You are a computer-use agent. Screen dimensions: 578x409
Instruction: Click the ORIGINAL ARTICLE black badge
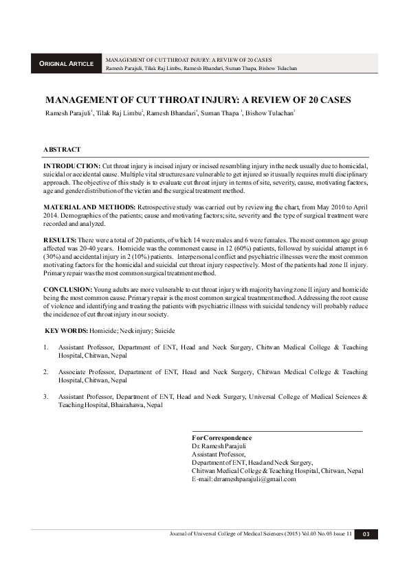67,64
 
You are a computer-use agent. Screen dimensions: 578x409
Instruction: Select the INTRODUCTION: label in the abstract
71,167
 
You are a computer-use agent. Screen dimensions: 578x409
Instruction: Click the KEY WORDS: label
67,331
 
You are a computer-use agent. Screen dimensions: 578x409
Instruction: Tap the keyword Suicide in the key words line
164,331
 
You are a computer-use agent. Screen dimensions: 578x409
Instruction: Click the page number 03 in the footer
366,534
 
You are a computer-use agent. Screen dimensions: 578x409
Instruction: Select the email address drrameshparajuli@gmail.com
244,479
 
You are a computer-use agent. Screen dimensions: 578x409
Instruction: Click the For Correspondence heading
222,438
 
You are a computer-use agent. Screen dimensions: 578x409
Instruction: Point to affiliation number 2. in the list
45,372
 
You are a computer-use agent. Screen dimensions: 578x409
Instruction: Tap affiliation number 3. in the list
45,397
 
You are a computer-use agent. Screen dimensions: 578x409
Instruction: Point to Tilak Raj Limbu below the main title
120,113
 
